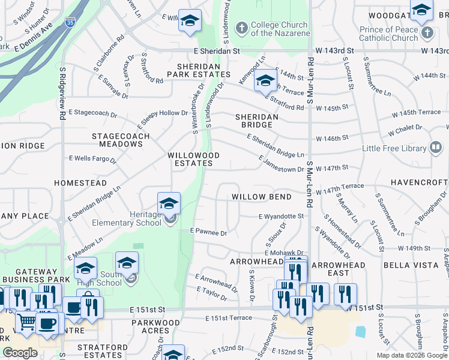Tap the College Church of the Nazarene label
click(x=279, y=29)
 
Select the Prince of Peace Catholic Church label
click(x=397, y=34)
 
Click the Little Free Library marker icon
click(x=436, y=148)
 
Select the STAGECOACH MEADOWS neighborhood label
click(x=117, y=140)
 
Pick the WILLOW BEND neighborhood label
click(x=262, y=197)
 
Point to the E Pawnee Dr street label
click(x=209, y=232)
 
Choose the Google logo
click(x=20, y=353)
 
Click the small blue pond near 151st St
click(x=360, y=331)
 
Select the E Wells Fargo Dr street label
click(x=92, y=159)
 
